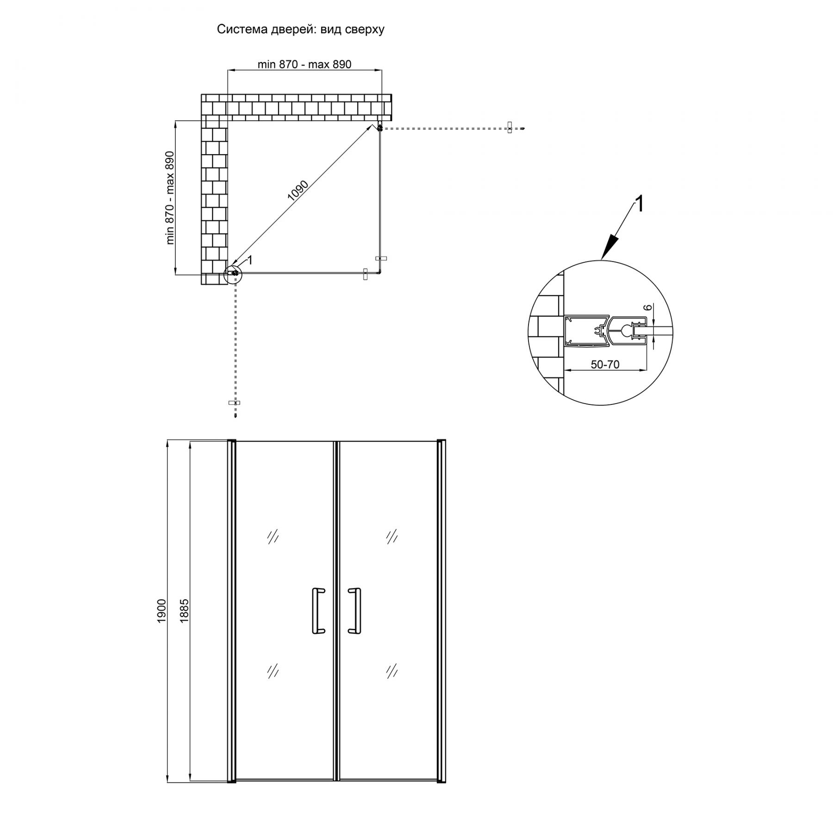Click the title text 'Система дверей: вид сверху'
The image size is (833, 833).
tap(301, 30)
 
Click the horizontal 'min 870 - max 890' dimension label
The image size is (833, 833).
tap(305, 64)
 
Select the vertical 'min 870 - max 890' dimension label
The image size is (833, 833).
tap(171, 198)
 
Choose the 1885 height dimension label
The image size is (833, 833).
tap(184, 610)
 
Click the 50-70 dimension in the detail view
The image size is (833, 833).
tap(605, 365)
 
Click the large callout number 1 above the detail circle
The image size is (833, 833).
tap(639, 204)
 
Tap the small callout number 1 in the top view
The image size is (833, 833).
tap(250, 261)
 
